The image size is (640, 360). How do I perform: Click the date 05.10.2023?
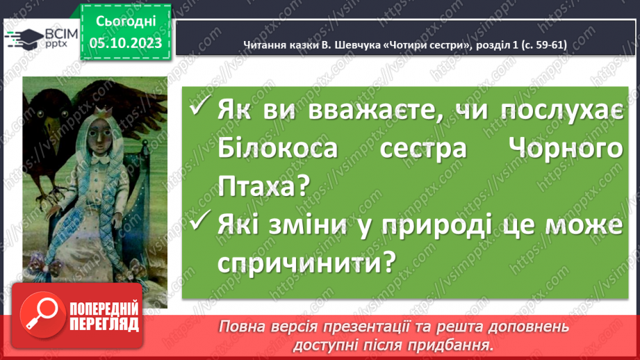(125, 43)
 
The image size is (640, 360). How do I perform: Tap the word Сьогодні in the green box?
(125, 22)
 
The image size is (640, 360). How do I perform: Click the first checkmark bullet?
(199, 110)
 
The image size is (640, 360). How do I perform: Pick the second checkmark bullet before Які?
(199, 224)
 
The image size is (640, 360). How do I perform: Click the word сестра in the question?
(420, 149)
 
